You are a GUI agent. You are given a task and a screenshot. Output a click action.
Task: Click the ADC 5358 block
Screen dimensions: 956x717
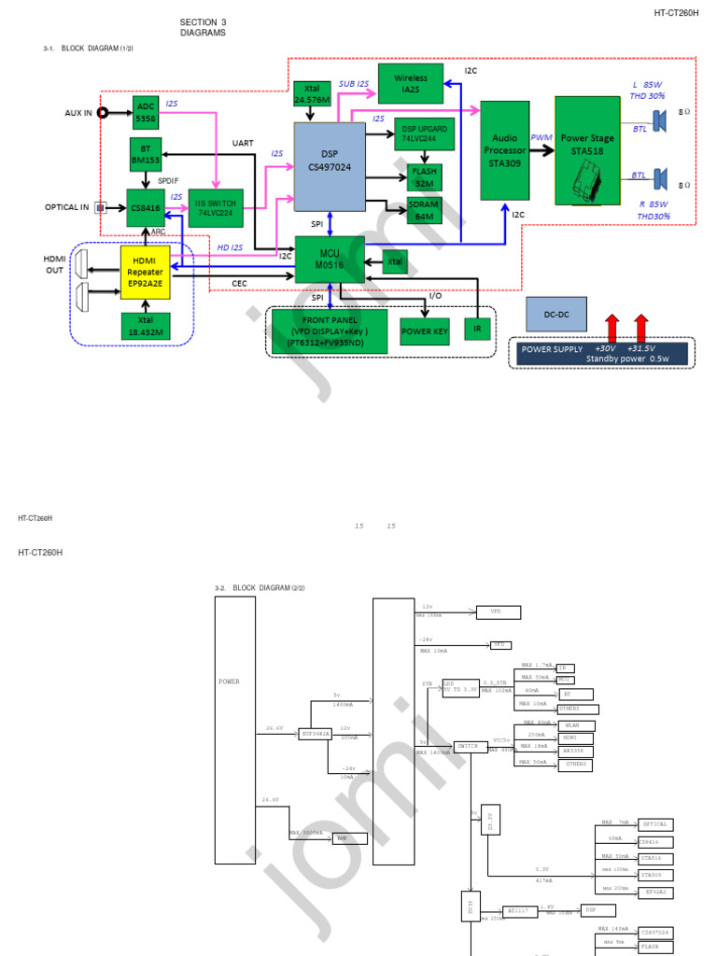tap(145, 112)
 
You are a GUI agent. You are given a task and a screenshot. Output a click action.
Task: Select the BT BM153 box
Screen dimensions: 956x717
tap(145, 154)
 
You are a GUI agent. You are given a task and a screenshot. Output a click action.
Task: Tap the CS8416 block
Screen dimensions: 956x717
tap(145, 205)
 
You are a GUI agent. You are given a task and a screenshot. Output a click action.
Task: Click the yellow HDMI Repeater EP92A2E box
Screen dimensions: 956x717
tap(147, 272)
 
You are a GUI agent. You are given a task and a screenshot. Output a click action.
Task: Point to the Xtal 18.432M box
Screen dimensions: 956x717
tap(147, 325)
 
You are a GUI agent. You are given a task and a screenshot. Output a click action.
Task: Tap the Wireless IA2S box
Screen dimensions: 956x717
tap(411, 84)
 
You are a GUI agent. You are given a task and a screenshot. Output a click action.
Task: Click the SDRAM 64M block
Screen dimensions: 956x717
tap(424, 211)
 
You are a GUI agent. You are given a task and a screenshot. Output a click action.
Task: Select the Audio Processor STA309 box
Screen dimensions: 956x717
tap(505, 149)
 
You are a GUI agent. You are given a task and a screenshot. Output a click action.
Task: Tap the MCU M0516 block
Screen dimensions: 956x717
tap(330, 259)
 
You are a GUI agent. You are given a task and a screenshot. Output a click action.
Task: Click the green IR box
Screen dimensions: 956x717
tap(477, 330)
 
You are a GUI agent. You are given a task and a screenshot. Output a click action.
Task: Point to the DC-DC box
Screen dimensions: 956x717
tap(556, 315)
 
